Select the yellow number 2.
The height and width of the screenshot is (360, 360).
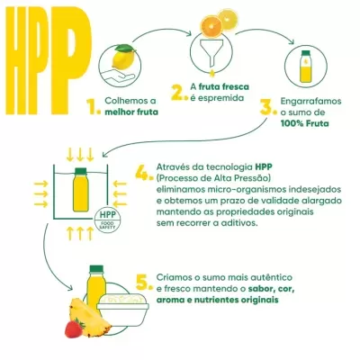click(178, 91)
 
